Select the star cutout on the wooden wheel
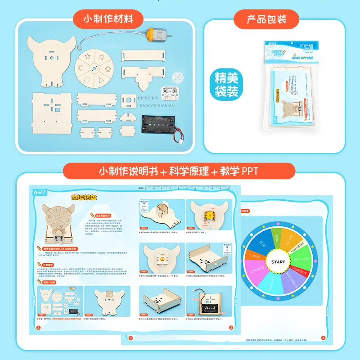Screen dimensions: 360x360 tap(87, 57)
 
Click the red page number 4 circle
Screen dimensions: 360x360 tap(322, 337)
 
